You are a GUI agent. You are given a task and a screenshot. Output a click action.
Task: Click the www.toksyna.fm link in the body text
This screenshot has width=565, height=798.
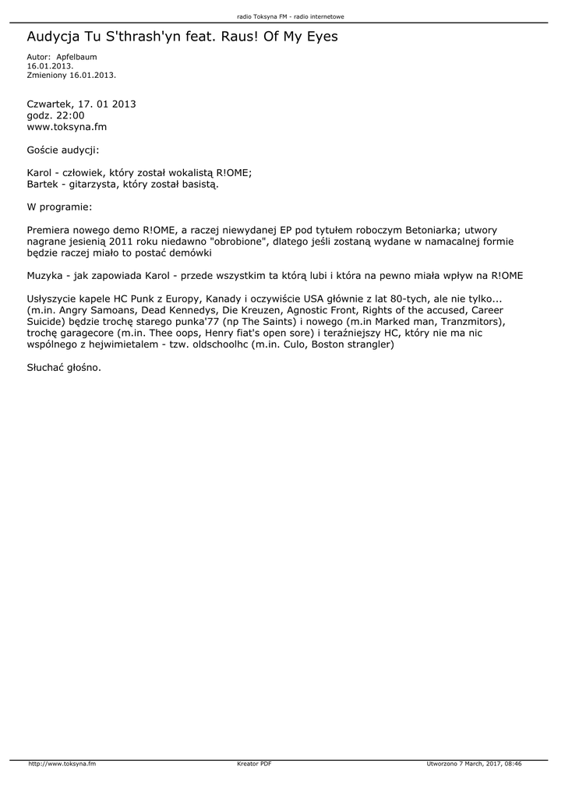67,126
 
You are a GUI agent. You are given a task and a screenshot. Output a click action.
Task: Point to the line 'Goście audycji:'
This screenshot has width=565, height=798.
63,150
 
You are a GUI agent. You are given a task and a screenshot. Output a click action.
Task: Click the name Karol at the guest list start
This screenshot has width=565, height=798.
39,173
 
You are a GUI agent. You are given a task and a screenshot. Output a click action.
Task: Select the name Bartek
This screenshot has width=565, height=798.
41,185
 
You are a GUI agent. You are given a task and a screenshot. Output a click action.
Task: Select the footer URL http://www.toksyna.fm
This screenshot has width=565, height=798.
62,764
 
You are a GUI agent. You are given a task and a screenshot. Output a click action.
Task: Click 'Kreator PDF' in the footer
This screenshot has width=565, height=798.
254,764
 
